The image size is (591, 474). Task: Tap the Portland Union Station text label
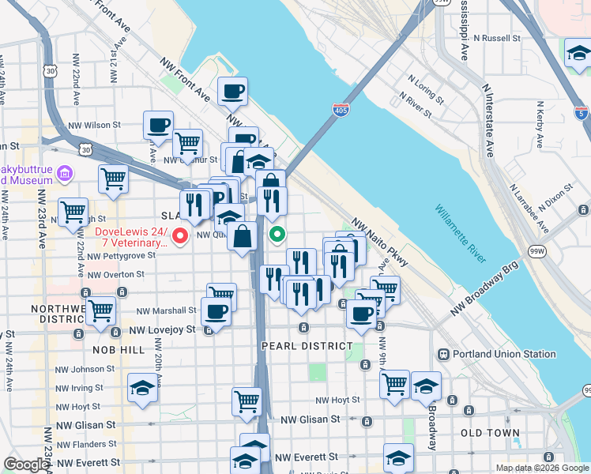[495, 353]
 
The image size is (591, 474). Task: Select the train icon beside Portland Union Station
[444, 353]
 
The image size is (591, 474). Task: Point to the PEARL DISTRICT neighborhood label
[307, 346]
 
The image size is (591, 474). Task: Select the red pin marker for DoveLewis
[180, 235]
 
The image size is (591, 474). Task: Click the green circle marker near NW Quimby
[277, 234]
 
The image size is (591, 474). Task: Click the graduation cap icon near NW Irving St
[142, 387]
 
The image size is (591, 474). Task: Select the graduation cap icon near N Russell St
[578, 54]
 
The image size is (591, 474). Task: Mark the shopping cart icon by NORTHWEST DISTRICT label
[100, 310]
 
